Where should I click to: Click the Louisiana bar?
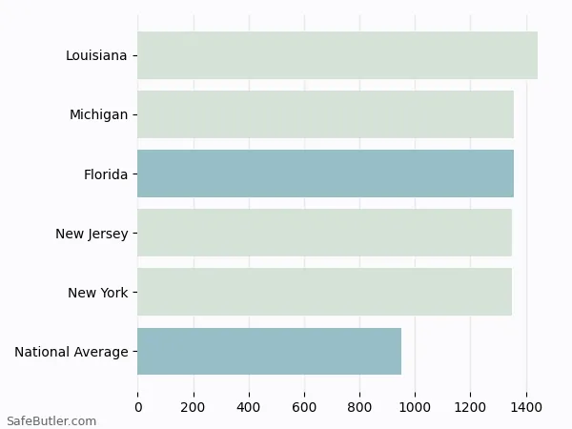point(337,55)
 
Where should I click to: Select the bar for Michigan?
point(325,114)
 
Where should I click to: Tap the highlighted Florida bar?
point(325,174)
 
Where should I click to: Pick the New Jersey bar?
point(324,233)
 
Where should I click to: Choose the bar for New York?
point(324,292)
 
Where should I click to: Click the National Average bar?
point(269,351)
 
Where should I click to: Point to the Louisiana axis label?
point(96,55)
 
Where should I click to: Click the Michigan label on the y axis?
point(98,114)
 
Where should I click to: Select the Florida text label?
point(106,174)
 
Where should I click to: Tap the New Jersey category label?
point(92,234)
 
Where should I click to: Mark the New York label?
point(97,293)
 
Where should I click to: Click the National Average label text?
point(71,352)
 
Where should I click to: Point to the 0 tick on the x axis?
point(138,407)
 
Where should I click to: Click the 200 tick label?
point(194,407)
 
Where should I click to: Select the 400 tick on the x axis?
point(249,407)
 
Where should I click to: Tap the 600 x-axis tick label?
point(304,407)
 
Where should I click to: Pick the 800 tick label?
point(359,407)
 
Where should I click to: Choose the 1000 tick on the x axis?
point(415,407)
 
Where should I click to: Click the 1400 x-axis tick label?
point(525,407)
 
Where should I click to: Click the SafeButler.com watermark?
point(51,420)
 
